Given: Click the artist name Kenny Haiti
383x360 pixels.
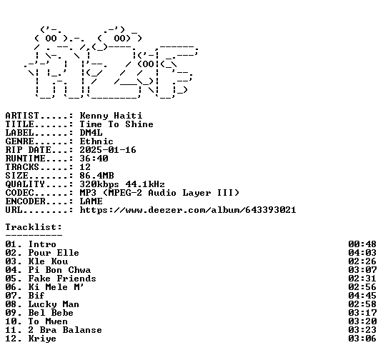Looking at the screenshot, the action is pyautogui.click(x=111, y=116).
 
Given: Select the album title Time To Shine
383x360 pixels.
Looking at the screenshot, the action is pyautogui.click(x=116, y=124).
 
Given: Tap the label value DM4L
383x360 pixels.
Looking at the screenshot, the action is pyautogui.click(x=91, y=133).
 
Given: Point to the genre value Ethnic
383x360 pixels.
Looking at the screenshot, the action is pyautogui.click(x=96, y=141).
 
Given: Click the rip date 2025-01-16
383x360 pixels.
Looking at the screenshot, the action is pyautogui.click(x=108, y=150).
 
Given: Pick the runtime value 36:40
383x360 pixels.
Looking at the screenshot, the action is pyautogui.click(x=94, y=159).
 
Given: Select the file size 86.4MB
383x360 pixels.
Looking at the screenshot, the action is pyautogui.click(x=96, y=176).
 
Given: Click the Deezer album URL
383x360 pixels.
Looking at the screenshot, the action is pyautogui.click(x=188, y=210).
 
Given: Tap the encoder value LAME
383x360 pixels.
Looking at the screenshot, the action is pyautogui.click(x=91, y=201).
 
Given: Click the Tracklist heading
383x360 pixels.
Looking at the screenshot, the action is pyautogui.click(x=34, y=227).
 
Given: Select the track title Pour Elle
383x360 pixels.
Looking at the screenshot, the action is pyautogui.click(x=54, y=253).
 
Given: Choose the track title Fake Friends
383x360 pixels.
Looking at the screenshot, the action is pyautogui.click(x=62, y=279).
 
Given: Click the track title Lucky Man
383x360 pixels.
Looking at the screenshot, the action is pyautogui.click(x=54, y=304).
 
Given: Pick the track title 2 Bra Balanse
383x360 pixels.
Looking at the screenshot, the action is pyautogui.click(x=65, y=330).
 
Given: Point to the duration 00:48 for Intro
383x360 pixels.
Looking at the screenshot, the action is pyautogui.click(x=362, y=244).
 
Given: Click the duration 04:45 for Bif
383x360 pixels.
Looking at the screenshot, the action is pyautogui.click(x=362, y=296).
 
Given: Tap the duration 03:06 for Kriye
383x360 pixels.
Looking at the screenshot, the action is pyautogui.click(x=362, y=339).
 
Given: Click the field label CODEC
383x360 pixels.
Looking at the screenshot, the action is pyautogui.click(x=19, y=193).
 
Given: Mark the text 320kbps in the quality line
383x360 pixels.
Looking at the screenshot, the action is pyautogui.click(x=99, y=184).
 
